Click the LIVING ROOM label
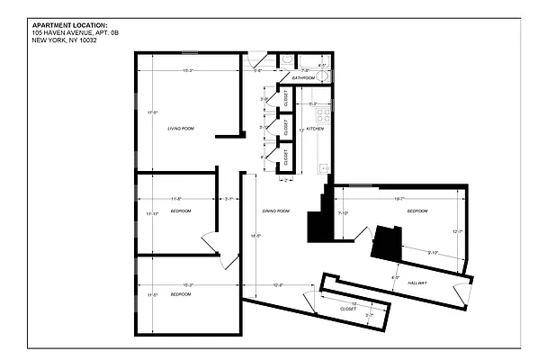coord(181,129)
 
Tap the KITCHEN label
coord(315,129)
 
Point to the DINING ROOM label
coord(275,211)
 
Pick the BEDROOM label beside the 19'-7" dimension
coord(417,211)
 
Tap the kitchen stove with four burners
coord(326,115)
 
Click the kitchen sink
coord(325,165)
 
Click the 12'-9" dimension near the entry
coord(278,286)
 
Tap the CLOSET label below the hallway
coord(347,309)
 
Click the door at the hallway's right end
coord(462,292)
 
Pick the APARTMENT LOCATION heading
coord(69,25)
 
